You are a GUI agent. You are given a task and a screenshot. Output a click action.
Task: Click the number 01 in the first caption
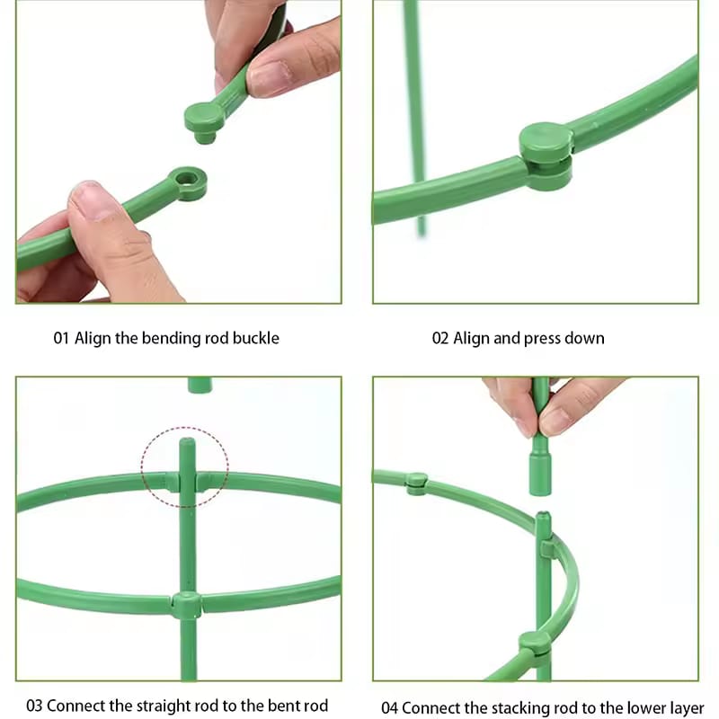61,339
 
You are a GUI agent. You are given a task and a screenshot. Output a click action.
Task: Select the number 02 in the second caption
440,339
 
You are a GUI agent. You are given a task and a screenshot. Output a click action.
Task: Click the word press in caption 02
543,339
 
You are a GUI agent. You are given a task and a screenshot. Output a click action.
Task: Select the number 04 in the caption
389,708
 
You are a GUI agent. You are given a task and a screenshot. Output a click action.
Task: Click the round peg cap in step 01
203,118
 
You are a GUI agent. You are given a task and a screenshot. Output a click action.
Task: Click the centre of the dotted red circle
185,466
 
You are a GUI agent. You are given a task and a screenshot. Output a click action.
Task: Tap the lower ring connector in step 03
186,605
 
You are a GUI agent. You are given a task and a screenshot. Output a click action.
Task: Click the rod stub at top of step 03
200,385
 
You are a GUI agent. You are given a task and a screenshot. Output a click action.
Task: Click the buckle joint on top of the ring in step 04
416,483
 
